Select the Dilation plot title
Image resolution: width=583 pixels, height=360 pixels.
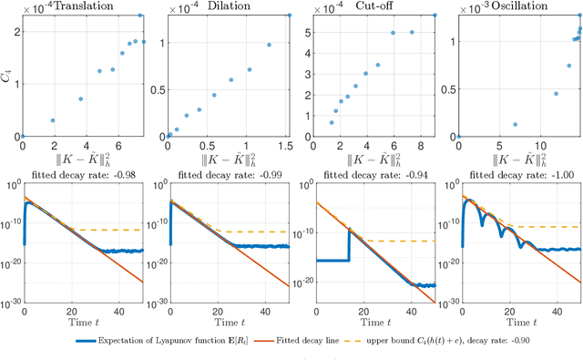[233, 6]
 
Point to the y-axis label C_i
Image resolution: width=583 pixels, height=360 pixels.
[7, 76]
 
